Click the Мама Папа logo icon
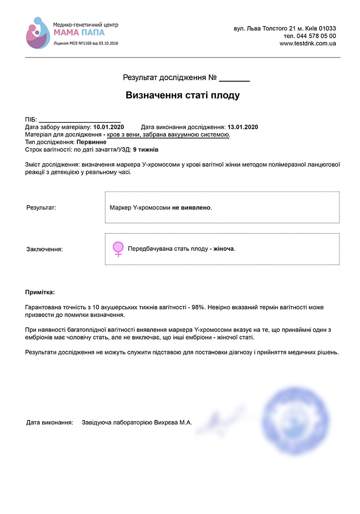[38, 33]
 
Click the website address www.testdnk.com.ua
[307, 44]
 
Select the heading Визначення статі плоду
[182, 95]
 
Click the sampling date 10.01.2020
[108, 127]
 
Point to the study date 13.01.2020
[243, 127]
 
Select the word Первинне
[92, 142]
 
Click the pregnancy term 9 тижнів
[146, 149]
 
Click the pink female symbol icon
[118, 249]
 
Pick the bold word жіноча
[224, 249]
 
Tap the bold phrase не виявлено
[191, 208]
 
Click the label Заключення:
[45, 249]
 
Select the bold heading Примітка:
[40, 292]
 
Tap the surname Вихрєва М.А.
[173, 423]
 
